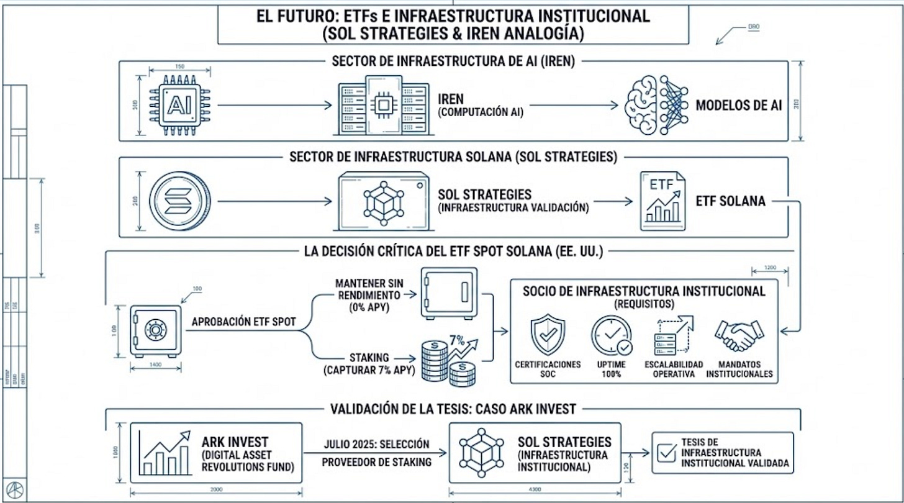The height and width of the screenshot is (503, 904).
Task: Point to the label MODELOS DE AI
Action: click(x=738, y=105)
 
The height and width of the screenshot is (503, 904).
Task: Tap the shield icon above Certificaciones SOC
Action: click(x=548, y=335)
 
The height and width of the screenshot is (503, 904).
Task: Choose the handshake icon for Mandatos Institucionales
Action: click(x=739, y=335)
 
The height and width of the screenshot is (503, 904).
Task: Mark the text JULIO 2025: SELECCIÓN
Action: click(x=376, y=444)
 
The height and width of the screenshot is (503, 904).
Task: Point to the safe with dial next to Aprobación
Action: click(x=156, y=330)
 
